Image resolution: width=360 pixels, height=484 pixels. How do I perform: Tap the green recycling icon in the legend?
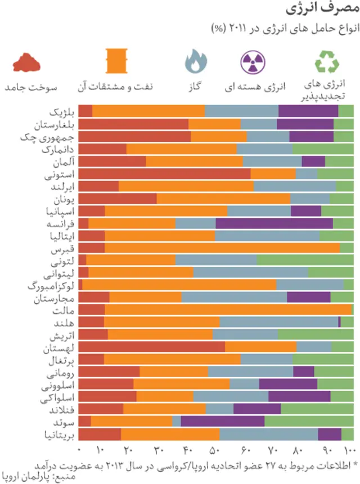pos(326,62)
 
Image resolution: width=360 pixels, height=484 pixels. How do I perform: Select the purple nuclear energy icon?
pos(254,62)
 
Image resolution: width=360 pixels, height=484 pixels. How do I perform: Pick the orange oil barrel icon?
pos(118,62)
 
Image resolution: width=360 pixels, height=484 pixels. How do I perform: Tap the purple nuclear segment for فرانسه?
pos(274,223)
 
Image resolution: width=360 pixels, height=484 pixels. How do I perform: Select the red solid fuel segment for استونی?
pos(164,174)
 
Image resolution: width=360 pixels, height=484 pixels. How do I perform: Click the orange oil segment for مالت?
pos(228,310)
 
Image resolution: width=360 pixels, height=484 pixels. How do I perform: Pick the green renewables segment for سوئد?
pos(309,421)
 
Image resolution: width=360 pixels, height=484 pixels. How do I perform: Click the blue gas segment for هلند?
pos(279,322)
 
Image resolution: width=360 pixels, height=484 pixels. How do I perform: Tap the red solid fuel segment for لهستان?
pos(151,347)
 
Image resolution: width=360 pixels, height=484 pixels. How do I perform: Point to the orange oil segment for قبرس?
pos(222,248)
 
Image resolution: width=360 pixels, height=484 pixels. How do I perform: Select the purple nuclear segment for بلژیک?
pos(308,111)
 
